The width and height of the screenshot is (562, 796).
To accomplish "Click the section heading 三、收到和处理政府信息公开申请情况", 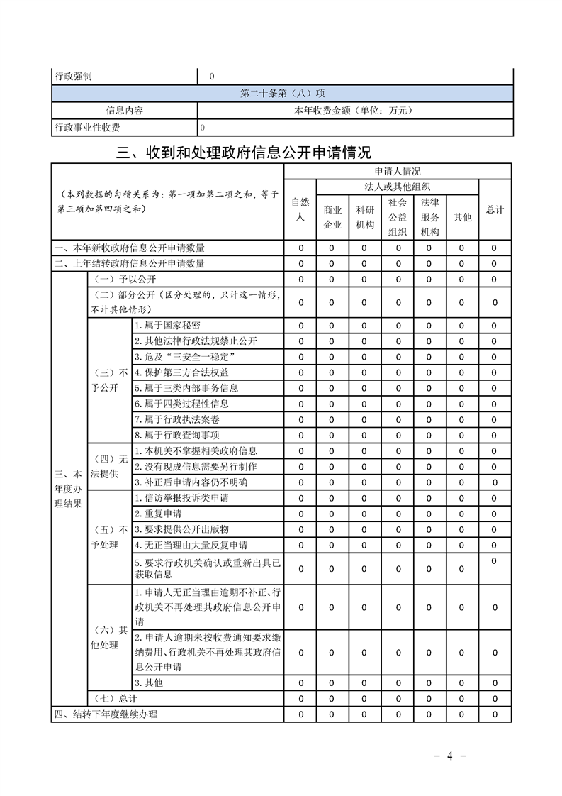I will click(244, 152).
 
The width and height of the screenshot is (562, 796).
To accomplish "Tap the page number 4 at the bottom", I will click(449, 756).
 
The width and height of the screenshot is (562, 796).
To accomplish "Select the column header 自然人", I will click(300, 209).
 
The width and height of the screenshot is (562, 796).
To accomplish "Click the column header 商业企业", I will click(332, 217).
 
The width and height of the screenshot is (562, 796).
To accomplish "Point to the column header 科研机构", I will click(365, 217).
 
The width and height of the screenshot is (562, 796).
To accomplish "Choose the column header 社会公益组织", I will click(398, 217).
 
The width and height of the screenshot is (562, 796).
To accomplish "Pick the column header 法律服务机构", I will click(430, 217).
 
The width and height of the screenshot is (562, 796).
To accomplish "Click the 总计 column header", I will click(495, 209).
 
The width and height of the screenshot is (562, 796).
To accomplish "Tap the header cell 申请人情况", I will click(398, 171).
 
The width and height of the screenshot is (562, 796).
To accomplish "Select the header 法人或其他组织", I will click(398, 187).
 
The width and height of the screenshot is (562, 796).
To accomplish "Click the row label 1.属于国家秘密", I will click(167, 325).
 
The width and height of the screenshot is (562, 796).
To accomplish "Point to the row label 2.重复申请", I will click(158, 513).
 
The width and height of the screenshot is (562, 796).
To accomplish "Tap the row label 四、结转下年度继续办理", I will click(106, 714).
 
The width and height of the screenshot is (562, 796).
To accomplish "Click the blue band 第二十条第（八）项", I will click(282, 94).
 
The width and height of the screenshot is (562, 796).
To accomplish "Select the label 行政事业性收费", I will click(87, 128).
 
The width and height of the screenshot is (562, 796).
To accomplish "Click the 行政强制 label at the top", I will click(73, 76).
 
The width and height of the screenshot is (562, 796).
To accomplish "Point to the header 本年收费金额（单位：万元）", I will click(353, 111).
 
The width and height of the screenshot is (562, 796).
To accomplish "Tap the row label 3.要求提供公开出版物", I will click(181, 529).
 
